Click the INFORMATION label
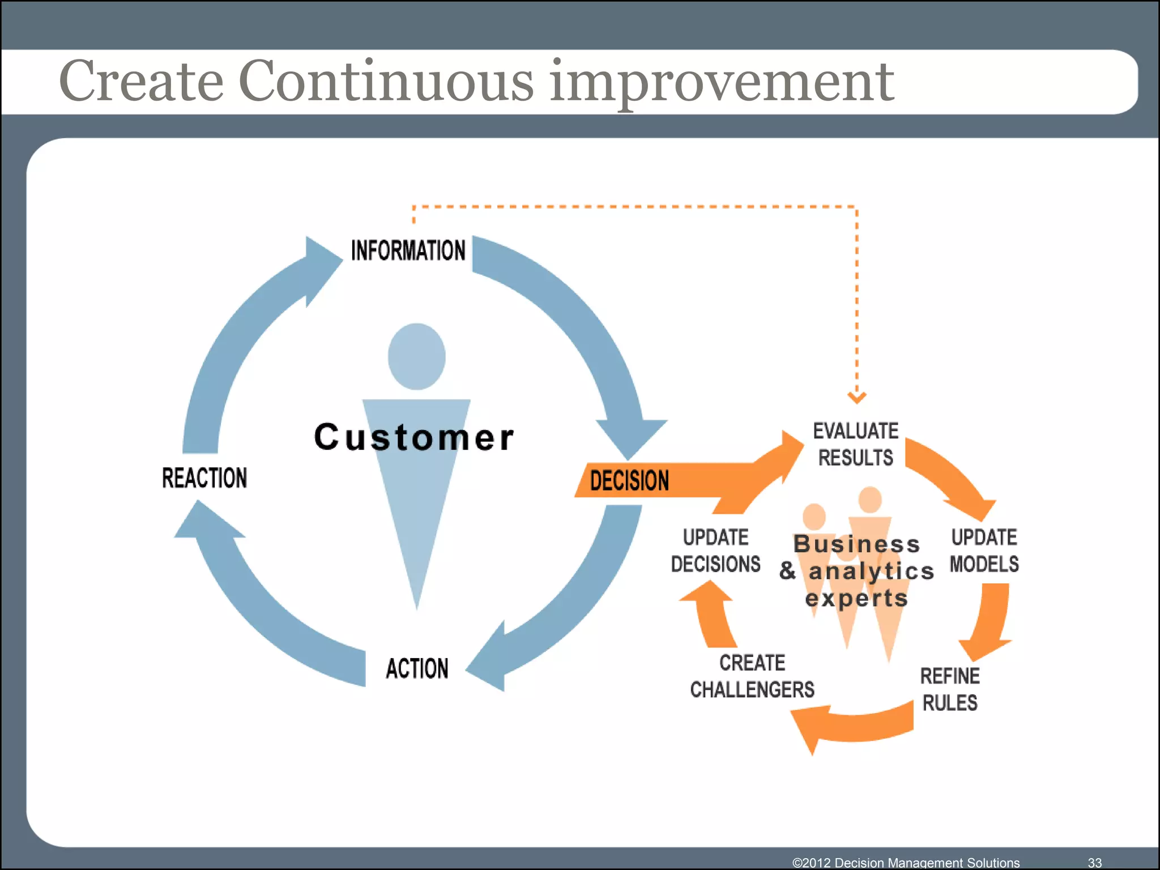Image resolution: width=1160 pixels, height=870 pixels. [x=408, y=250]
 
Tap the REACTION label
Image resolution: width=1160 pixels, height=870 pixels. [x=204, y=478]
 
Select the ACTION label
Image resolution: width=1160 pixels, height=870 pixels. [x=417, y=668]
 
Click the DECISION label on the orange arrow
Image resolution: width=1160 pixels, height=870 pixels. [x=629, y=480]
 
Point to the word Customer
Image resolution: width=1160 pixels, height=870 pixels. [x=414, y=437]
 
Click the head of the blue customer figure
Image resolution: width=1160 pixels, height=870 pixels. [x=417, y=357]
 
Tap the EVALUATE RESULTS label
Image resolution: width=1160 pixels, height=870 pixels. [x=855, y=444]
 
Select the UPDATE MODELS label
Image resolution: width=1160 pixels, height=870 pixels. [x=984, y=551]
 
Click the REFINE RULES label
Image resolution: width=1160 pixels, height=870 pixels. [x=950, y=689]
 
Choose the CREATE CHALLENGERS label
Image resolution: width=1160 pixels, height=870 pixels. [x=752, y=676]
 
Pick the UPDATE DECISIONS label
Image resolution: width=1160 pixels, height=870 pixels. [x=715, y=551]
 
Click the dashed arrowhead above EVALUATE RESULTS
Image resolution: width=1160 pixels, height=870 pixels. [x=856, y=397]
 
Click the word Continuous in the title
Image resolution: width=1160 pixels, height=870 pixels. [x=385, y=81]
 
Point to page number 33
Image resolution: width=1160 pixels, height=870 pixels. [x=1094, y=862]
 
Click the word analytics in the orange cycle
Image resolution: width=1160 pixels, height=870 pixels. [x=871, y=571]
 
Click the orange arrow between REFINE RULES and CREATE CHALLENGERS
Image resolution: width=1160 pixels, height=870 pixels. [x=850, y=725]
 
